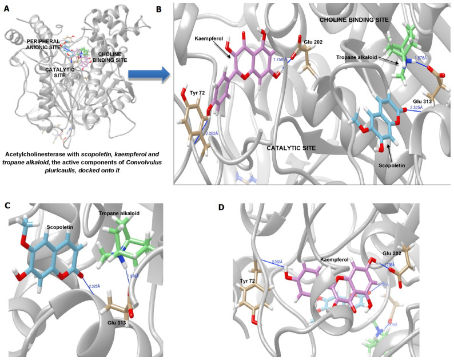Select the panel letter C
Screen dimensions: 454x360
pyautogui.click(x=7, y=205)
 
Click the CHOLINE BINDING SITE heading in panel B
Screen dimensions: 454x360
pyautogui.click(x=355, y=19)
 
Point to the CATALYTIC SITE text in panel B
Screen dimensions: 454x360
pyautogui.click(x=293, y=148)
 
